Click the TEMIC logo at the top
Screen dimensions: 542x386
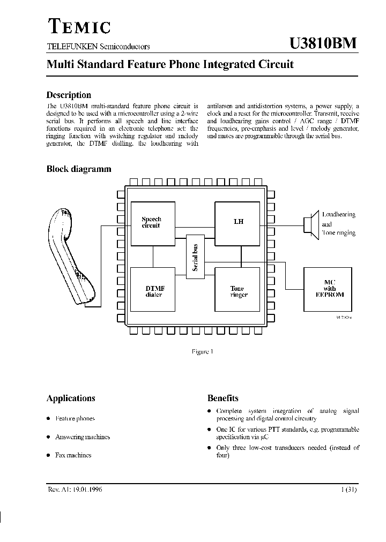click(x=79, y=26)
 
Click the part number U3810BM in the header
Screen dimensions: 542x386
click(x=323, y=44)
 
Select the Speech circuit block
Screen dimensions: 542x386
click(x=153, y=223)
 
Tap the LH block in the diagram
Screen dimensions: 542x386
click(x=237, y=223)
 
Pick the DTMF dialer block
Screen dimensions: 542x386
click(x=154, y=290)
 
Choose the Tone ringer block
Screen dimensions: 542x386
click(x=237, y=290)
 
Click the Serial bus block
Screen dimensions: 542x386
click(x=196, y=257)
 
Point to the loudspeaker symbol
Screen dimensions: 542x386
click(x=309, y=224)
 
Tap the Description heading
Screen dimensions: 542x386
click(x=69, y=95)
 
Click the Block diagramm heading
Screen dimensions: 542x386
click(x=79, y=169)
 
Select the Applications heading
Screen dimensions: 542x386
click(x=71, y=398)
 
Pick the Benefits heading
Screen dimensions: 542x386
click(x=223, y=398)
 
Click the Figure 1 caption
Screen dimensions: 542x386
click(x=202, y=352)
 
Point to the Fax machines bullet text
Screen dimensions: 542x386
click(x=73, y=455)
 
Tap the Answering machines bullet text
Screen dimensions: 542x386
click(x=82, y=436)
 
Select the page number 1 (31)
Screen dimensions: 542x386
click(x=348, y=489)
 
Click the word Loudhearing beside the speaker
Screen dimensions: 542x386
click(x=338, y=214)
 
